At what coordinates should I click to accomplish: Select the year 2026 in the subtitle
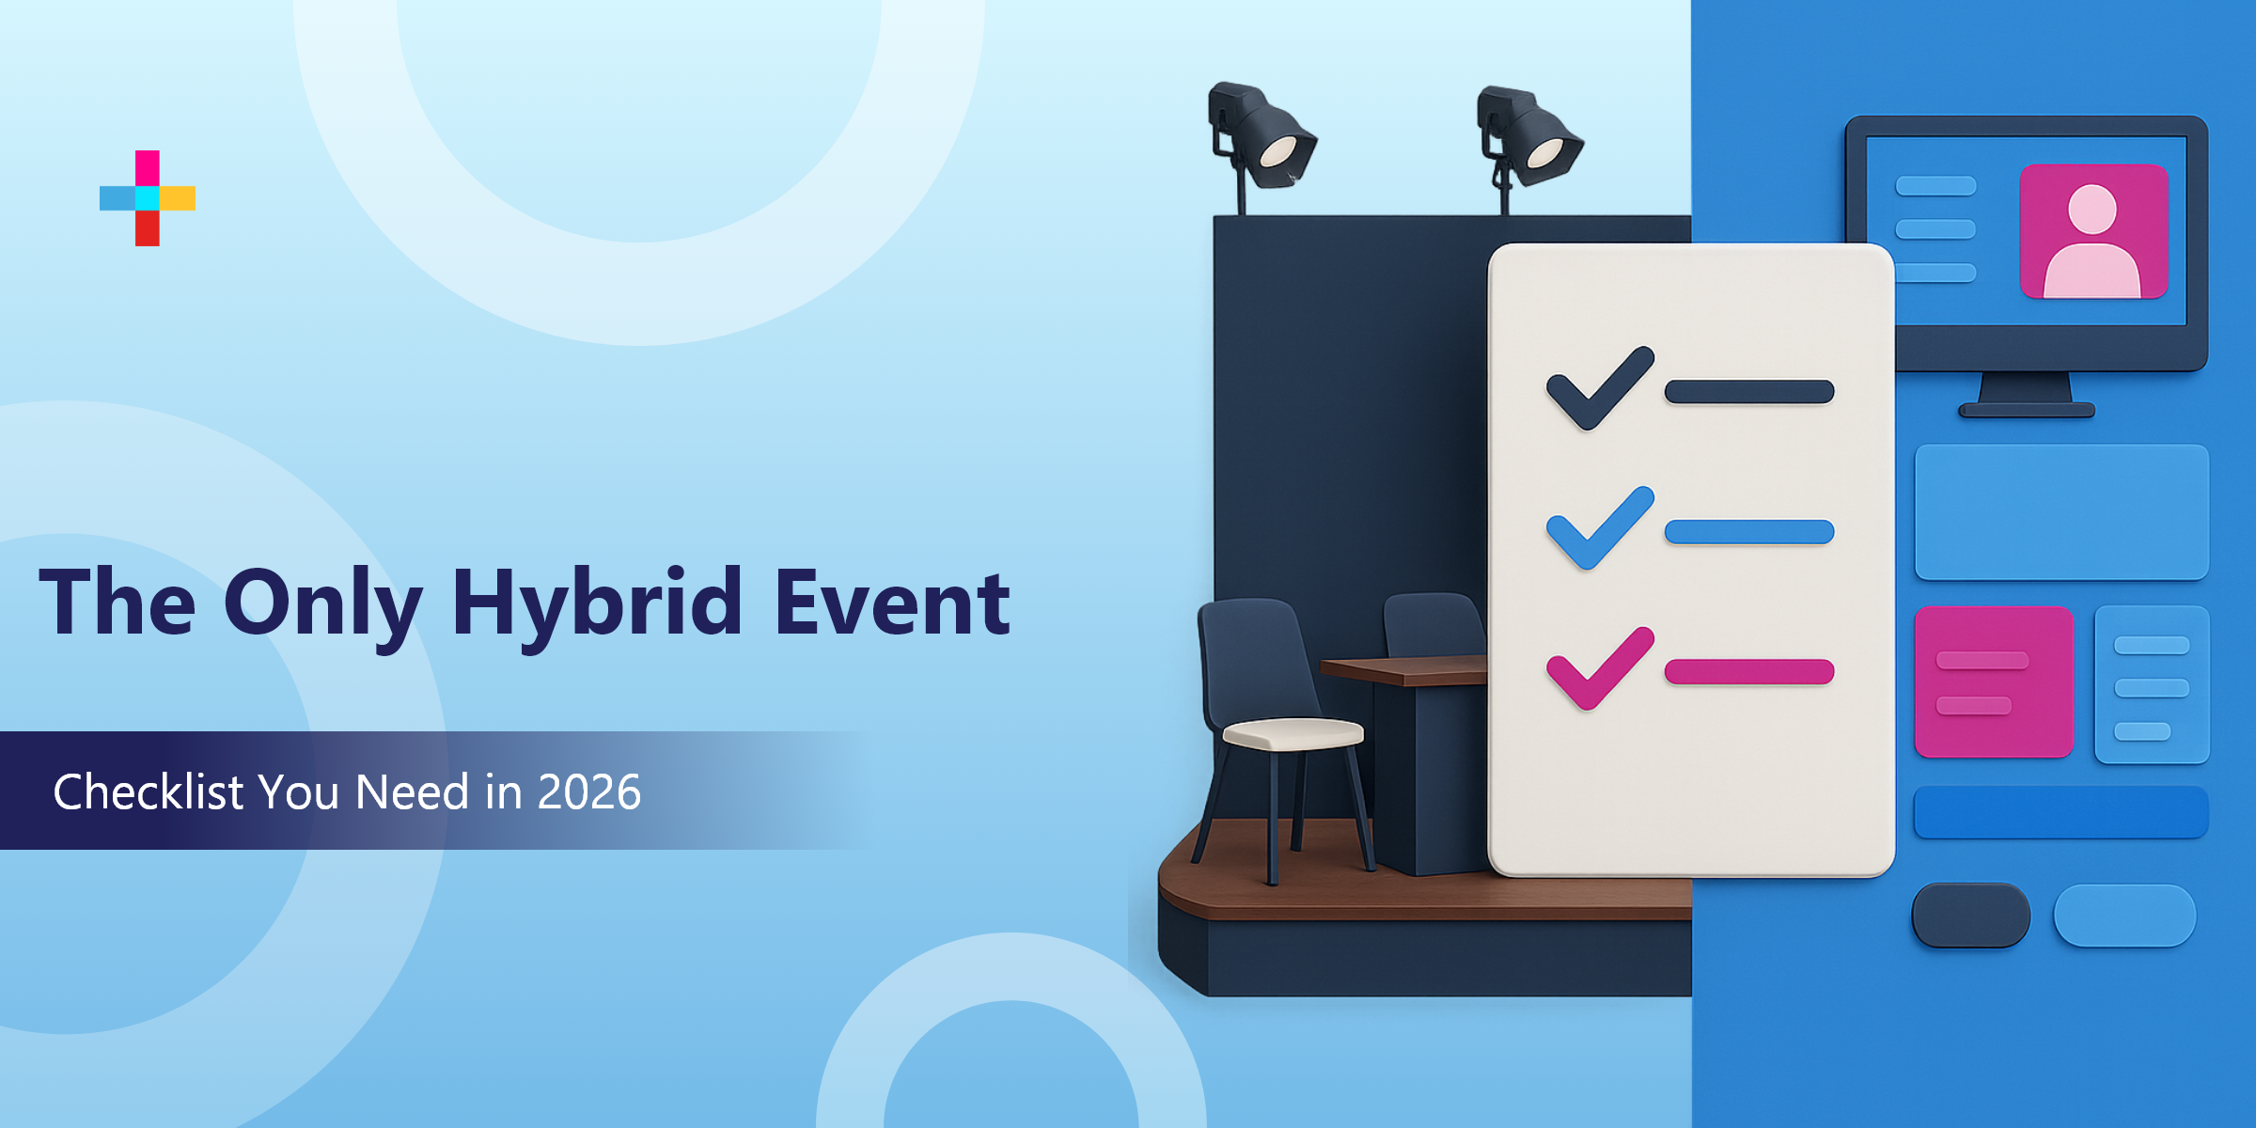[588, 791]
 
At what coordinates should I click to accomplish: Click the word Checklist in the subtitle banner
[149, 791]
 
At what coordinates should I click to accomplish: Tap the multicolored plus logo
[148, 198]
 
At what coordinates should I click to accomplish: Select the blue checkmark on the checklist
[1599, 529]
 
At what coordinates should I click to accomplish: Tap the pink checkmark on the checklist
[1599, 668]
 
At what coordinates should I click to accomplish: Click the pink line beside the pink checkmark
[1748, 671]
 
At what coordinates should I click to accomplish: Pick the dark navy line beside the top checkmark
[1748, 391]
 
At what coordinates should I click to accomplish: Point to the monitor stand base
[2027, 410]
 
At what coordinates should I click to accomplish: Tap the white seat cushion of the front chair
[1293, 733]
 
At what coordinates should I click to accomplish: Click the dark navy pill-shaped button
[1970, 915]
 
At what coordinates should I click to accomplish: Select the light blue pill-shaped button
[2124, 915]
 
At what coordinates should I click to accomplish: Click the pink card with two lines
[1994, 681]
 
